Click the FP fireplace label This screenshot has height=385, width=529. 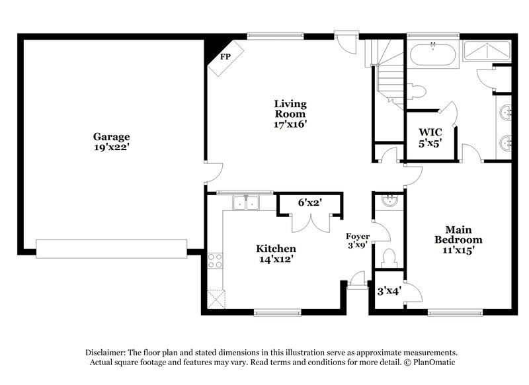(225, 57)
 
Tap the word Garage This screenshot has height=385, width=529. (111, 138)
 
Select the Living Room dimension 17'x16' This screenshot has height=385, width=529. (291, 124)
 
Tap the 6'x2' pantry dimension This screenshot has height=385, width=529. (309, 203)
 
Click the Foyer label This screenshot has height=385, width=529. (358, 236)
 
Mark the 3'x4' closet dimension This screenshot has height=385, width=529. (389, 289)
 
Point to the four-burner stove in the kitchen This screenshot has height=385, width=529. (216, 261)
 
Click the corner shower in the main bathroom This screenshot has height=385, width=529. (487, 50)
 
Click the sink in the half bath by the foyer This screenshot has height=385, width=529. (389, 200)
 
